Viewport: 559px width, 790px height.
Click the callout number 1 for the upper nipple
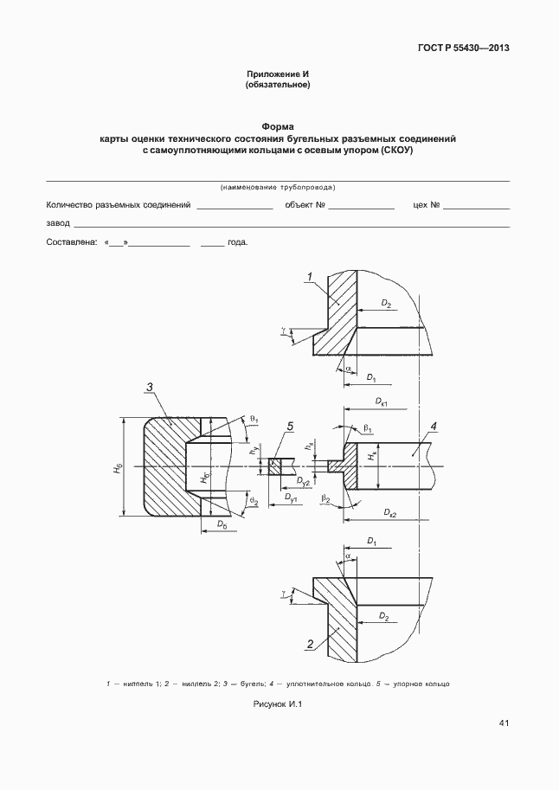(x=308, y=276)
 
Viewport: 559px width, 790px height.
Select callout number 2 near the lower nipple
(x=309, y=643)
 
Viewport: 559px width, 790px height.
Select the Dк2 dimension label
(x=386, y=514)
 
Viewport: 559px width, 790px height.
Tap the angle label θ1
(x=254, y=418)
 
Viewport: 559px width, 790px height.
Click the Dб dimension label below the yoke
(x=221, y=525)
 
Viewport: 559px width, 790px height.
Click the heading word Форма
(x=278, y=126)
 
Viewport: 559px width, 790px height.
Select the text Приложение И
(x=278, y=74)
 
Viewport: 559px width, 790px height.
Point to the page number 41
(x=504, y=723)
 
